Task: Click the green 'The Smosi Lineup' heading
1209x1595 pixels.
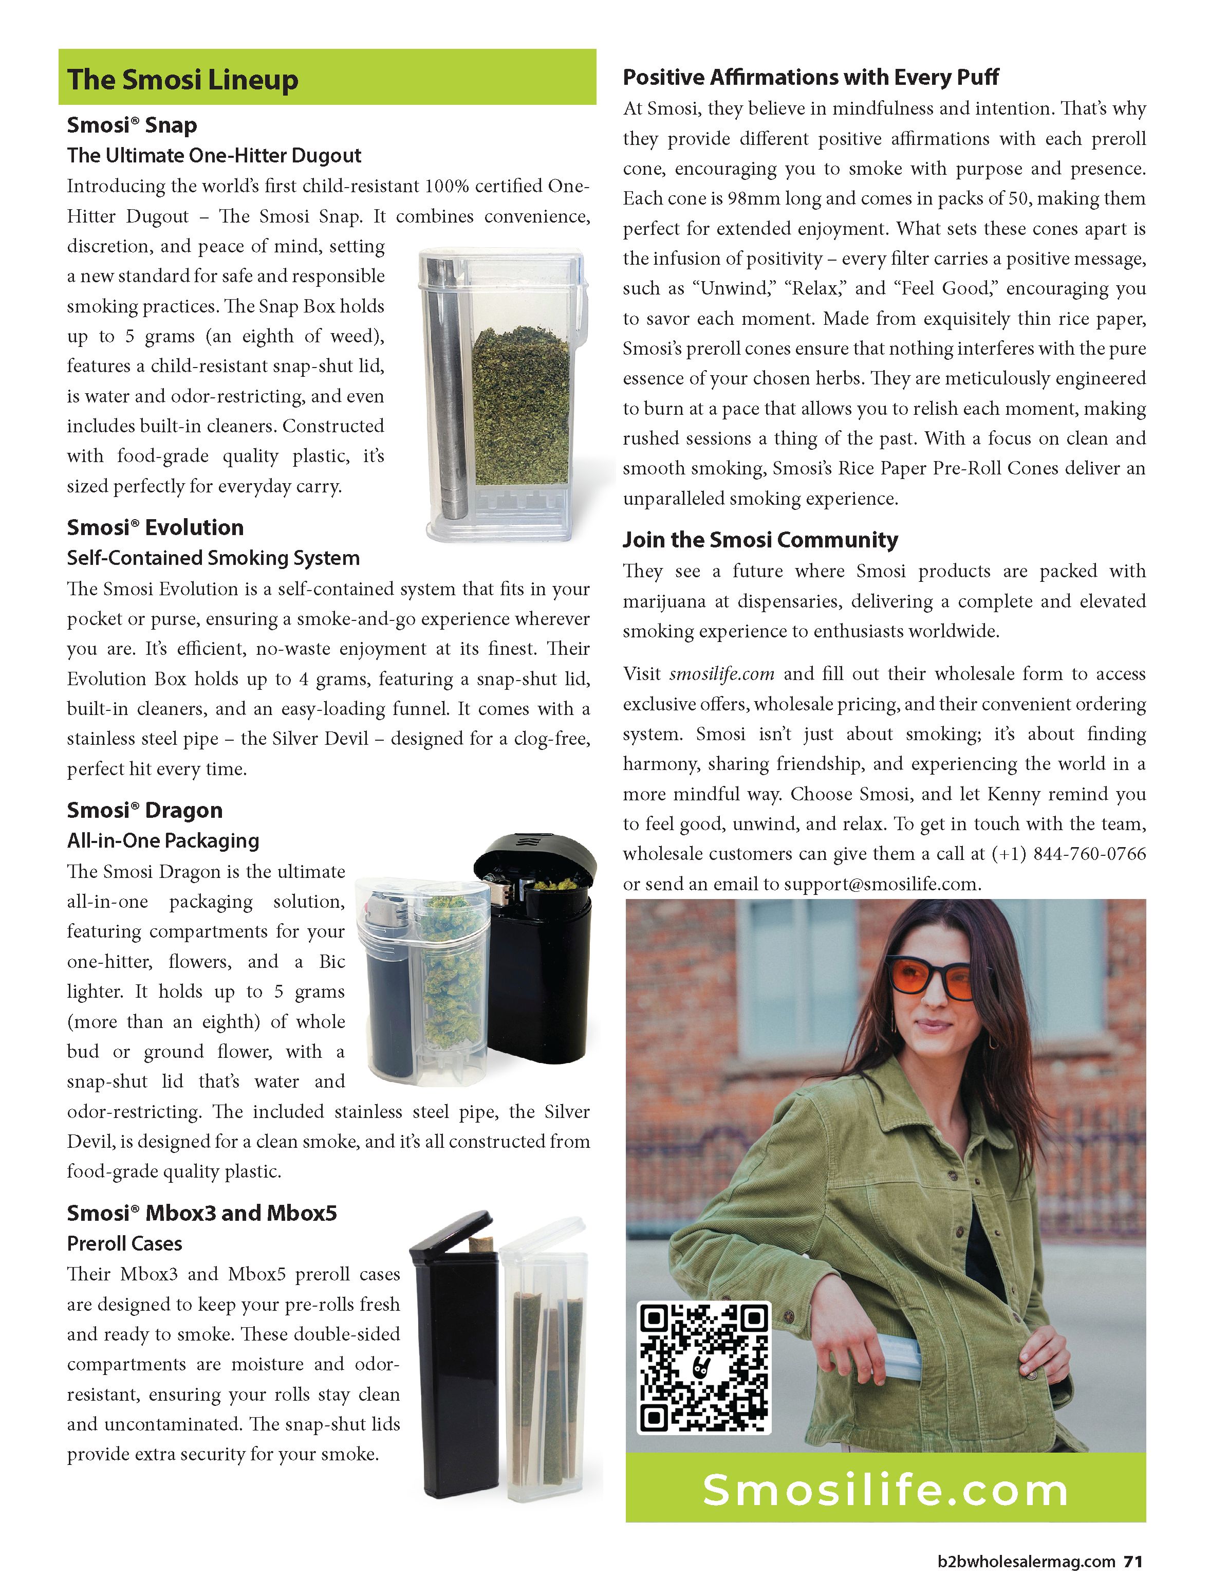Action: (x=182, y=79)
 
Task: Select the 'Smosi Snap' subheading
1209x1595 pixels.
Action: (x=132, y=125)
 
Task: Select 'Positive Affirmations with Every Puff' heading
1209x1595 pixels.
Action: (x=810, y=77)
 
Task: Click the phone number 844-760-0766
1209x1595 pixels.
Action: (x=1089, y=854)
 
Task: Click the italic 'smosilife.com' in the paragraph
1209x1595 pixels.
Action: (x=722, y=674)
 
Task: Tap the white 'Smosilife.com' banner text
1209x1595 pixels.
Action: (x=885, y=1491)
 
